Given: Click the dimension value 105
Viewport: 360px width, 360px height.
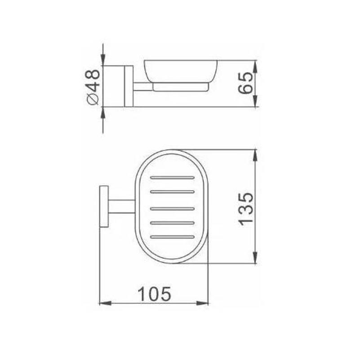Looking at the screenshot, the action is pyautogui.click(x=155, y=294).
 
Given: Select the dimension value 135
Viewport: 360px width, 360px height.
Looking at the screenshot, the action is pyautogui.click(x=246, y=209).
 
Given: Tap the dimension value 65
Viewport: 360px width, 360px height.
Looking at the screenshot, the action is pyautogui.click(x=245, y=83).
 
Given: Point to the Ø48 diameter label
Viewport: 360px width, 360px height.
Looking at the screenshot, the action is pyautogui.click(x=93, y=87).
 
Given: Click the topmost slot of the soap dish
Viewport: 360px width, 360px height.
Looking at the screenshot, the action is pyautogui.click(x=172, y=178).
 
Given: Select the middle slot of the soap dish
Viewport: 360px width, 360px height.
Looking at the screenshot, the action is pyautogui.click(x=172, y=209).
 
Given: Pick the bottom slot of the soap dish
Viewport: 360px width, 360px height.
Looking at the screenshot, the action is pyautogui.click(x=172, y=237).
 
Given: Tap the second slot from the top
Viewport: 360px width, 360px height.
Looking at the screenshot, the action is pyautogui.click(x=172, y=192).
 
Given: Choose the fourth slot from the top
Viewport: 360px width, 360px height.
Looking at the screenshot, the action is pyautogui.click(x=172, y=223).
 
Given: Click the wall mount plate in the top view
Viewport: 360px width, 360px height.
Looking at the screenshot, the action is pyautogui.click(x=104, y=206).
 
